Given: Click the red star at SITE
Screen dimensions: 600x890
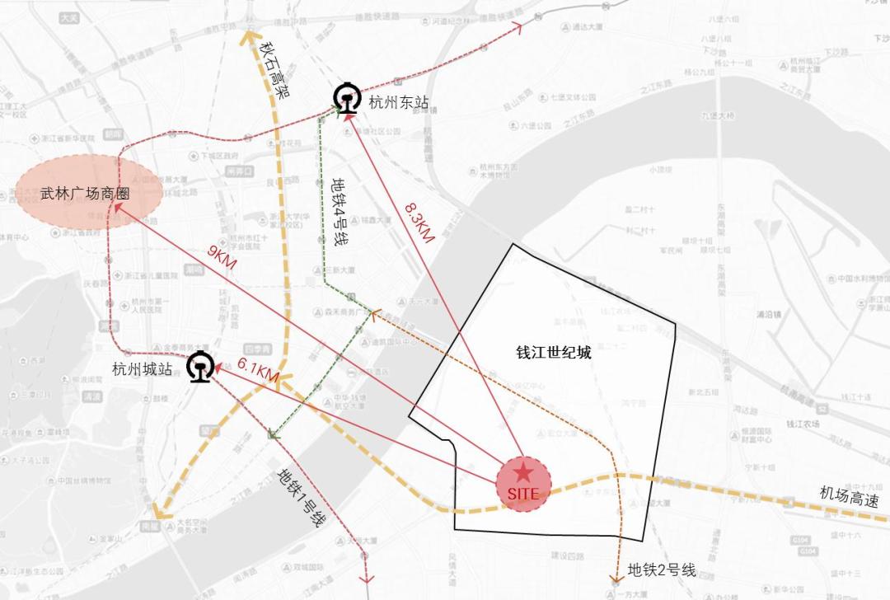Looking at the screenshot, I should pyautogui.click(x=523, y=473).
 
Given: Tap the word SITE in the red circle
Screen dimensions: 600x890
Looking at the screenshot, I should pyautogui.click(x=522, y=495).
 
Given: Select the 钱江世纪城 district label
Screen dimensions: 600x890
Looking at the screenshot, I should pyautogui.click(x=548, y=354).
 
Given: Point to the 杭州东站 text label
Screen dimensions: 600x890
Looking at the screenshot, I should pyautogui.click(x=399, y=103).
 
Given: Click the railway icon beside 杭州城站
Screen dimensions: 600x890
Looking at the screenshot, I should pyautogui.click(x=200, y=368).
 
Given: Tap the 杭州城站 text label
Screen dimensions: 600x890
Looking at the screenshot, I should pyautogui.click(x=142, y=369).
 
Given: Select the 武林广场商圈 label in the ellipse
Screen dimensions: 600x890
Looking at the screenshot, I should pyautogui.click(x=89, y=195).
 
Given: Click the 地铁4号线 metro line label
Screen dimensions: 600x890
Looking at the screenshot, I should pyautogui.click(x=339, y=212).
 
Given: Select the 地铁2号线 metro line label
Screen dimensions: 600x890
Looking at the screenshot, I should pyautogui.click(x=662, y=570).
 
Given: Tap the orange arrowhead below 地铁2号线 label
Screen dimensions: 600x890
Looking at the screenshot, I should pyautogui.click(x=616, y=580).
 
